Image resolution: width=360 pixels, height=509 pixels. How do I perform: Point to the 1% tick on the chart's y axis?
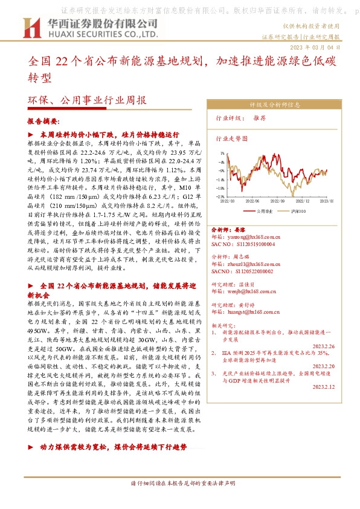222,153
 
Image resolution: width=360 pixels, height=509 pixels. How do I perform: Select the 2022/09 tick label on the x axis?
277,201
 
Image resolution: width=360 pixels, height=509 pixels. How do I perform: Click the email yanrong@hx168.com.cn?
245,238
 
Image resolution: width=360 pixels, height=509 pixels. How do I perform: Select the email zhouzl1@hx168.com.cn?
245,265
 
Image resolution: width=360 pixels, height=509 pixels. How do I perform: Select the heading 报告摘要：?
44,121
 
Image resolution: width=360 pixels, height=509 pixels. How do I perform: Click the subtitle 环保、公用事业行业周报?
87,101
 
